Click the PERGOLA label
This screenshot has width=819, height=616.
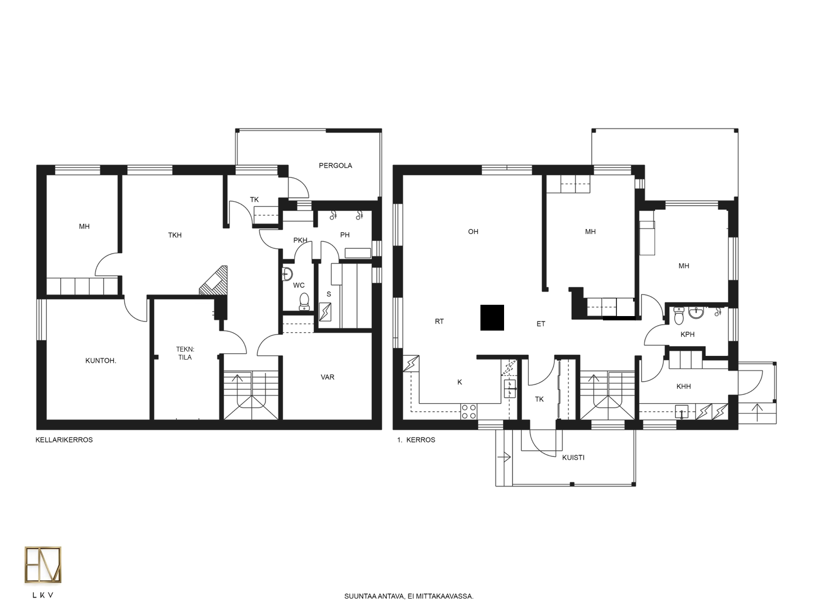click(x=335, y=165)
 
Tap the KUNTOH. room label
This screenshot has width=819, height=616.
click(x=100, y=361)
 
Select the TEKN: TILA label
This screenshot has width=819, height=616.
click(x=185, y=353)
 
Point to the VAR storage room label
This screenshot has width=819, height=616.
click(x=327, y=377)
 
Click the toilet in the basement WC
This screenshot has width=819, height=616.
click(x=305, y=302)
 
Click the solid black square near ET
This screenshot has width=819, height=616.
click(x=492, y=318)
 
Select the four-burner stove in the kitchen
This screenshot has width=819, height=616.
click(x=469, y=412)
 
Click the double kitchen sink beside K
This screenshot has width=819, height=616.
click(x=509, y=389)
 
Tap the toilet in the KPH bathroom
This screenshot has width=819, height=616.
click(x=679, y=316)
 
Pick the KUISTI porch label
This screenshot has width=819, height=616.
click(x=573, y=457)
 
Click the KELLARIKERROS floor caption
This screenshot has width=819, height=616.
click(x=64, y=440)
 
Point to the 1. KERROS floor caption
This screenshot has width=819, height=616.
click(x=416, y=440)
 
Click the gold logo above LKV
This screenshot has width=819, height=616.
click(x=43, y=565)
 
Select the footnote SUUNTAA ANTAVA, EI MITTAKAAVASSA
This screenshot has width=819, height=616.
click(x=408, y=596)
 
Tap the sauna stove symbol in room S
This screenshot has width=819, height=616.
click(x=325, y=312)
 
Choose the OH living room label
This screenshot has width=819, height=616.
click(x=473, y=232)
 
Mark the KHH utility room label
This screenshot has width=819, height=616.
click(x=684, y=386)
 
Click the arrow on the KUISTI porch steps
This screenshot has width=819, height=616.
click(x=504, y=457)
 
